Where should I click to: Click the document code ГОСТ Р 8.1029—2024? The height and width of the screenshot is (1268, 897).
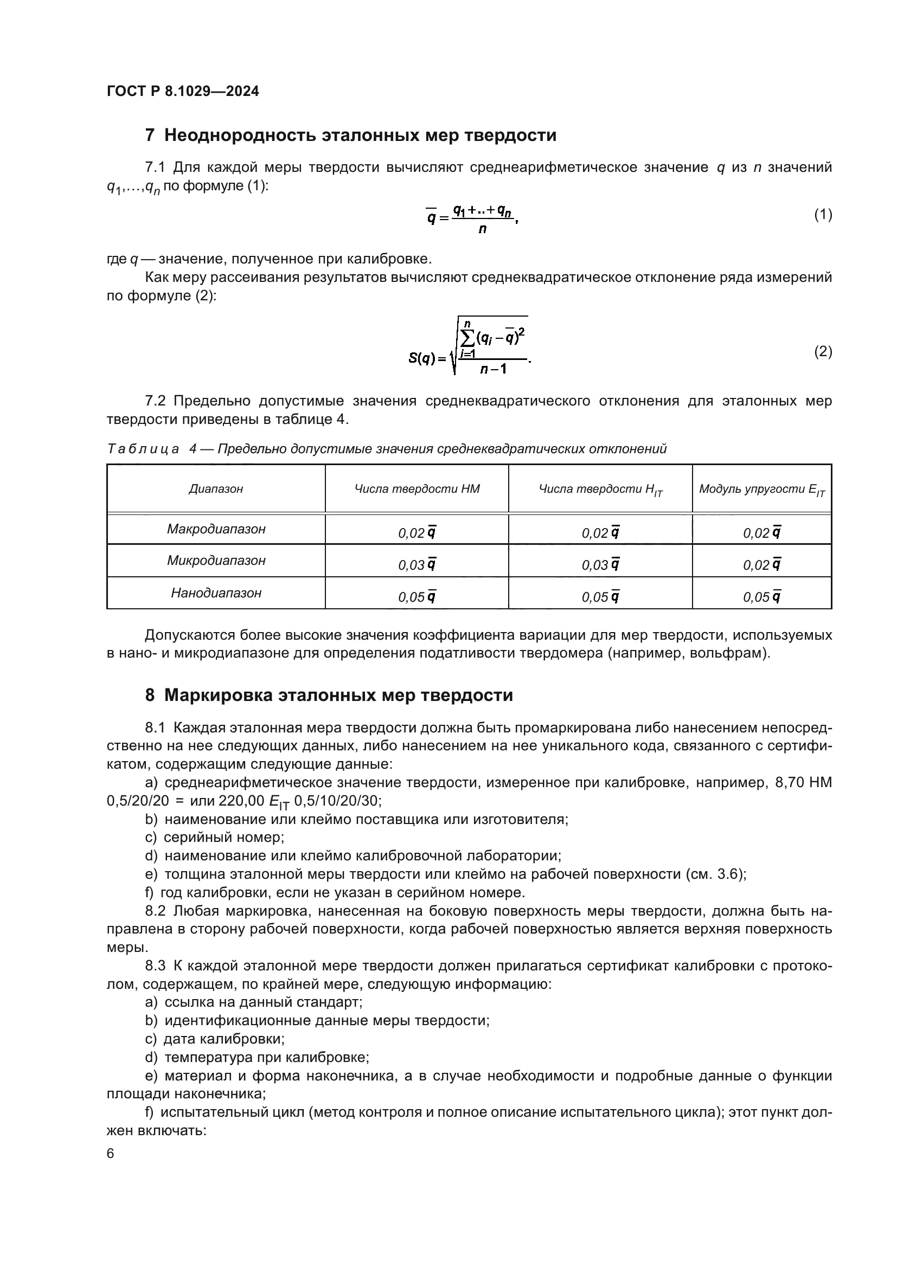(x=183, y=91)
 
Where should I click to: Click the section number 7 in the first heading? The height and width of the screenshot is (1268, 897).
(x=150, y=136)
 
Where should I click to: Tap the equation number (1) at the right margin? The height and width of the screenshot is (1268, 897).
(x=823, y=215)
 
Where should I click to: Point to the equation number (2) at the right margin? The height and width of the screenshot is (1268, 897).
(x=823, y=352)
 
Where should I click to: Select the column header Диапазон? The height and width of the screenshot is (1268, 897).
(x=216, y=489)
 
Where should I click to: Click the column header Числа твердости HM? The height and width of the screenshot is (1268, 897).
(x=417, y=489)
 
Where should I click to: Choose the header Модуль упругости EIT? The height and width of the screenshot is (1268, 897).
(x=761, y=490)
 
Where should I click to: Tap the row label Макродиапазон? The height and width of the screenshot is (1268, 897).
(x=216, y=529)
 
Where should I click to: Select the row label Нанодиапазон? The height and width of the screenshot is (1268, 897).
(x=216, y=593)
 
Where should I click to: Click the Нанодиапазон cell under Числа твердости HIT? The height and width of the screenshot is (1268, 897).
(x=600, y=597)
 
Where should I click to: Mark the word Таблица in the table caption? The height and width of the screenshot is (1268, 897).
(x=143, y=449)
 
